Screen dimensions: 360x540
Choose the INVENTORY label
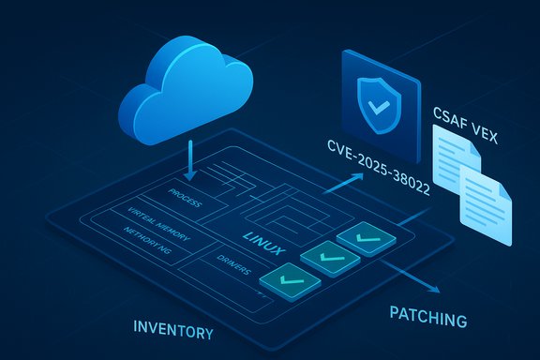pos(173,331)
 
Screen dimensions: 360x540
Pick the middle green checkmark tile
pos(322,256)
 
